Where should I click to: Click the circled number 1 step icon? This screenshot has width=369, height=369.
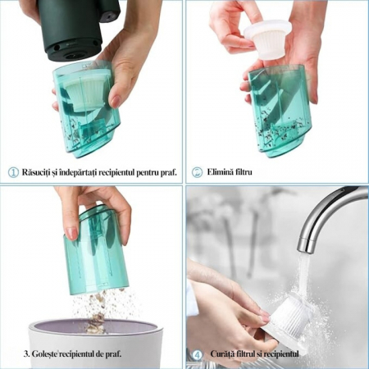click(13, 173)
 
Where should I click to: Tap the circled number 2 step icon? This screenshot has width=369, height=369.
click(197, 172)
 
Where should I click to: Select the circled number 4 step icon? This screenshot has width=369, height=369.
click(197, 355)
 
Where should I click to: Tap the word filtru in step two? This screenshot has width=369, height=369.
click(244, 172)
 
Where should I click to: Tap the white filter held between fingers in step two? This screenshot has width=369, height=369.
click(267, 39)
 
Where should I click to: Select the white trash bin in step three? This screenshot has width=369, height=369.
click(96, 344)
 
